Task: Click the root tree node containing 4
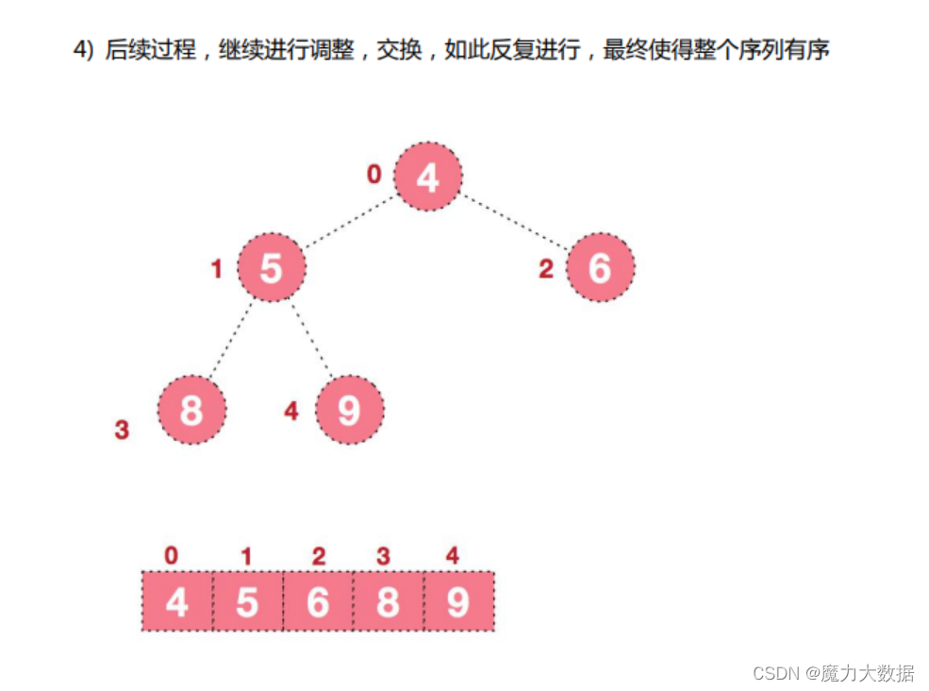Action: [427, 177]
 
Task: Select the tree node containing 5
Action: [272, 267]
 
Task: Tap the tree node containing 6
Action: [600, 267]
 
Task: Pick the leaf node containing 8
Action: [191, 410]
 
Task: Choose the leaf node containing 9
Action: [349, 410]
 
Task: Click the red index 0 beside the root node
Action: [374, 175]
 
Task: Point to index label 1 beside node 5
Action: [216, 270]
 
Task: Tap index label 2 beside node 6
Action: [545, 270]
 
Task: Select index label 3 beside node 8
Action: [122, 430]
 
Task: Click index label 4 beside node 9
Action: [291, 412]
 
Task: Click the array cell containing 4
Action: [177, 601]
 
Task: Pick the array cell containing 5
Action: [247, 601]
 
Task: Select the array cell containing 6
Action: [318, 601]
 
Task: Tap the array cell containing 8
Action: [388, 601]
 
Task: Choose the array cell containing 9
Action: [458, 601]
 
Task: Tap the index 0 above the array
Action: [171, 556]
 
